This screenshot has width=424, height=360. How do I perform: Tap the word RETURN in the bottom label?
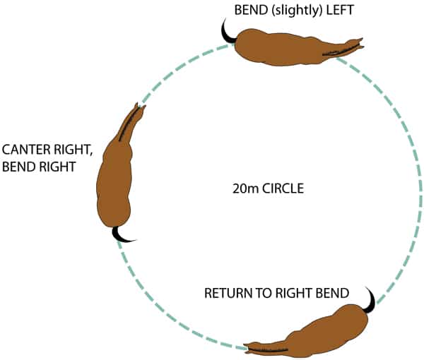(x=227, y=292)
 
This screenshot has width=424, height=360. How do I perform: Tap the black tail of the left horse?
(x=123, y=236)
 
